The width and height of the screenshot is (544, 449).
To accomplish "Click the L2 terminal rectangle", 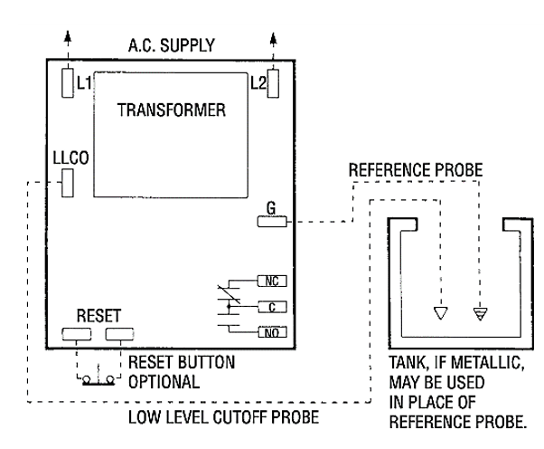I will pyautogui.click(x=274, y=83).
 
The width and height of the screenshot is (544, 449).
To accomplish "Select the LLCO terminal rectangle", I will pyautogui.click(x=67, y=186).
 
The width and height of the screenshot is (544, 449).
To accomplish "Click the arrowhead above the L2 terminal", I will pyautogui.click(x=274, y=41).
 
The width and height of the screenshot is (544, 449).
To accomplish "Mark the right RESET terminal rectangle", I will pyautogui.click(x=117, y=334).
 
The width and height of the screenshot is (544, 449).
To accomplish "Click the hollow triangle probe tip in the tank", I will pyautogui.click(x=440, y=313).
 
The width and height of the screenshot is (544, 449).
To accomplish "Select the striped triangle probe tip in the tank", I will pyautogui.click(x=480, y=313).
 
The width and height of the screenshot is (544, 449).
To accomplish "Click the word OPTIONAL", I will pyautogui.click(x=163, y=378).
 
